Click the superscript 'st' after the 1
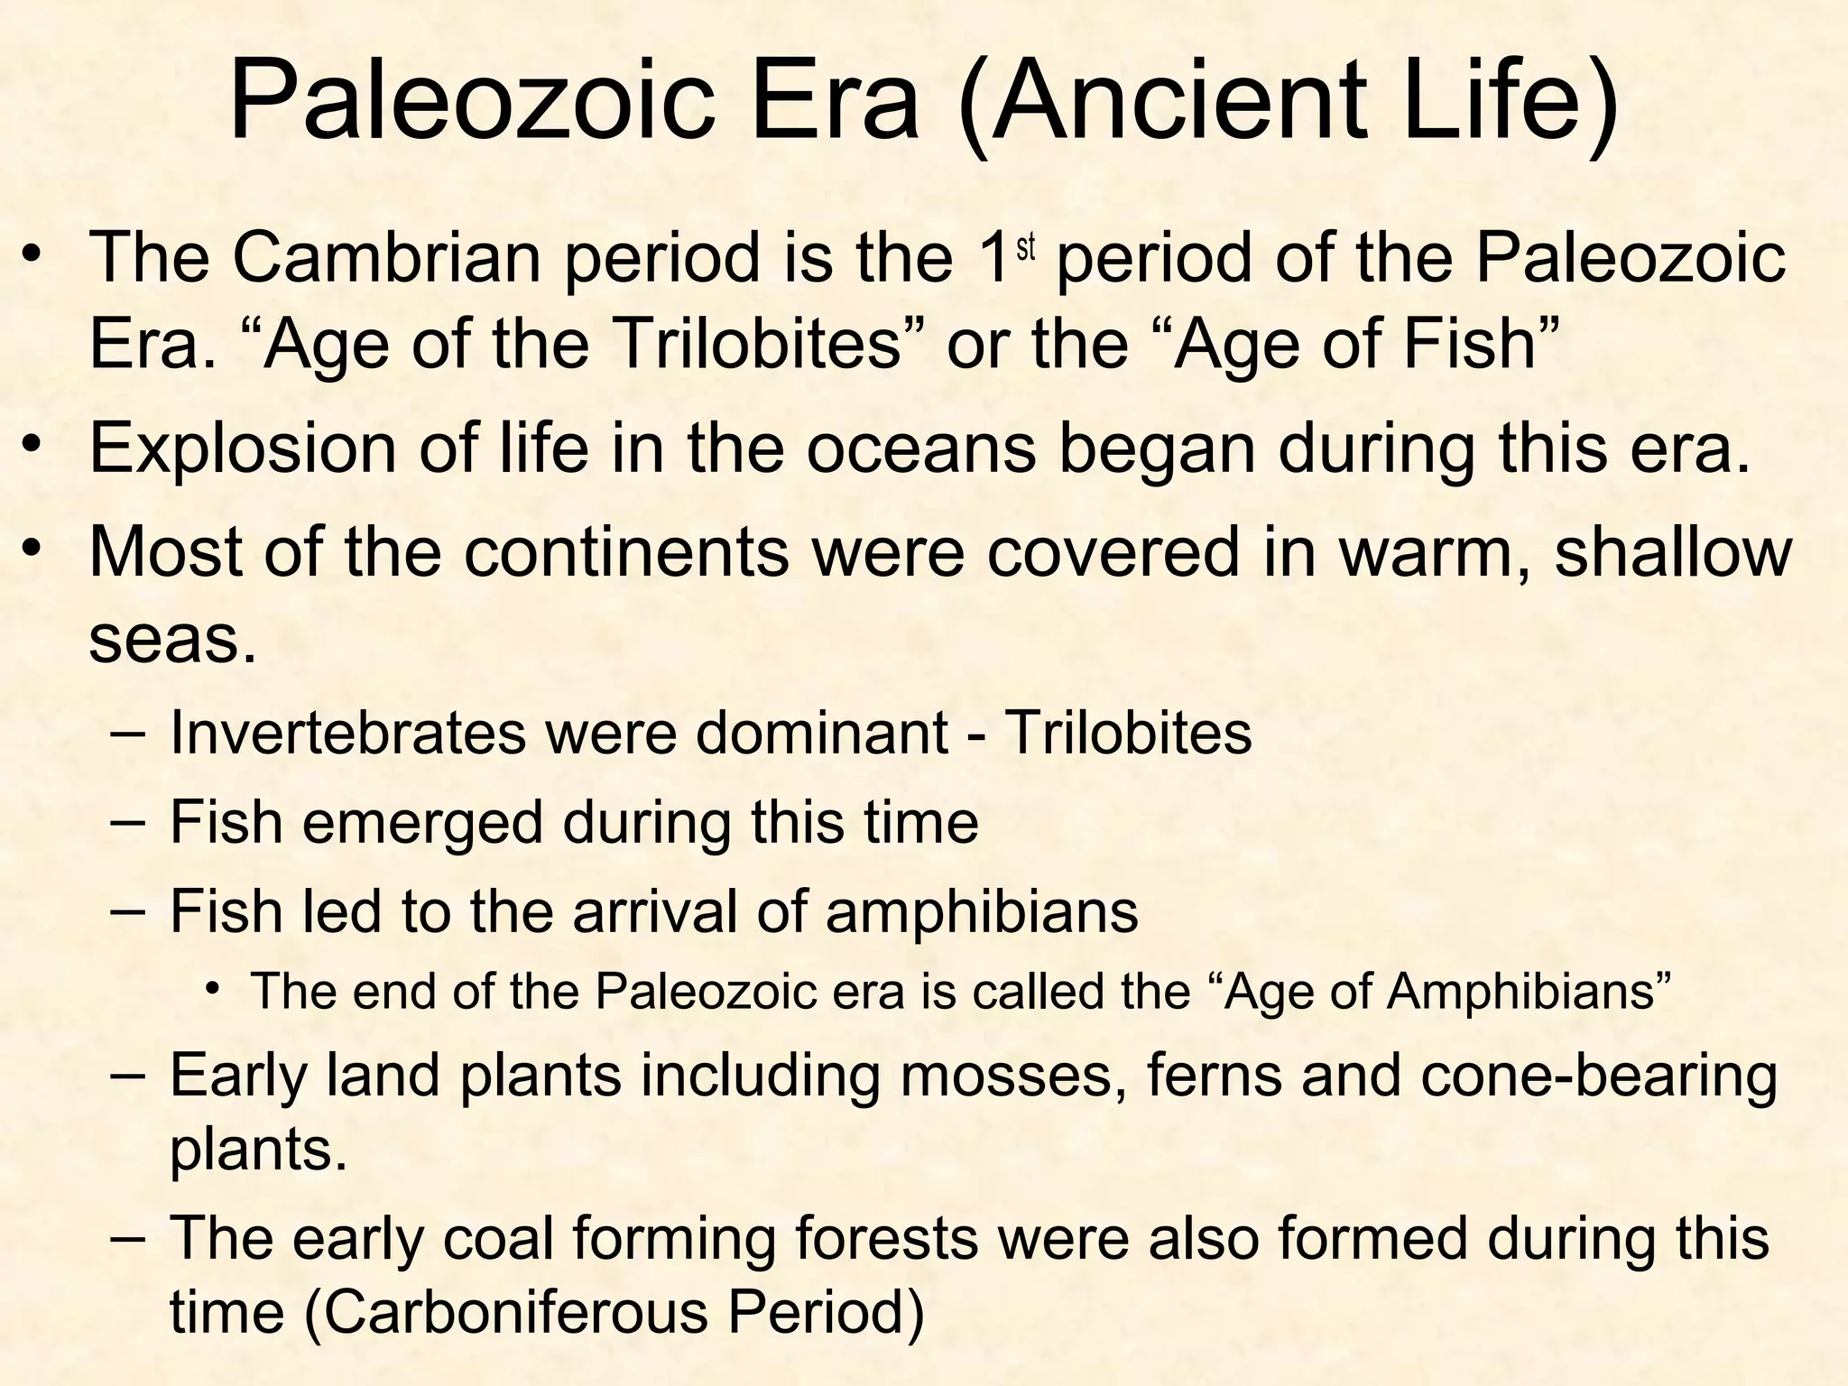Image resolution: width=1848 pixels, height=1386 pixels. pyautogui.click(x=1026, y=247)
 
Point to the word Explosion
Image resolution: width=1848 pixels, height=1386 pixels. pyautogui.click(x=243, y=448)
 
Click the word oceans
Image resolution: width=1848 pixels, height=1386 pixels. pyautogui.click(x=920, y=448)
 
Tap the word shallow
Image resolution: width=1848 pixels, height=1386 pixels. pyautogui.click(x=1673, y=551)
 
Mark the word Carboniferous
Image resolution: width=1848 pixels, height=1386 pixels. pyautogui.click(x=515, y=1312)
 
